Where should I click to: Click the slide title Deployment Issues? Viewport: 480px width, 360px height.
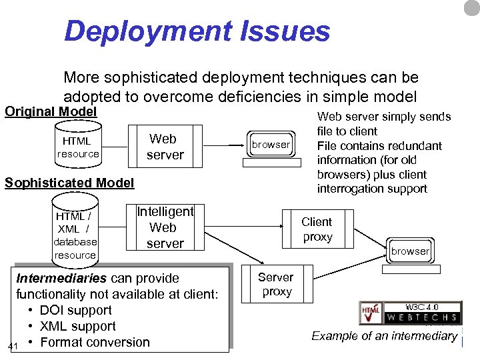point(197,31)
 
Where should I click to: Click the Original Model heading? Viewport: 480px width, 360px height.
point(51,111)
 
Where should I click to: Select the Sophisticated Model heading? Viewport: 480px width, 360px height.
point(69,183)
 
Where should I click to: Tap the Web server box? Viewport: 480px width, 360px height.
point(165,147)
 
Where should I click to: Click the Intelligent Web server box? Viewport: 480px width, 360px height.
point(165,227)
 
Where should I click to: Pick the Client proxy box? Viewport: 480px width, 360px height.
point(317,229)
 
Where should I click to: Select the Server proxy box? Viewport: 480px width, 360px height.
point(276,284)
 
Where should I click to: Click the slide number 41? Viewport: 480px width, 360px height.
point(13,346)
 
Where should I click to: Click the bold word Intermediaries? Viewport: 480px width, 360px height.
point(61,278)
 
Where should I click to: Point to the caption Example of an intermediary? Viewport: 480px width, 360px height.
point(385,336)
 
